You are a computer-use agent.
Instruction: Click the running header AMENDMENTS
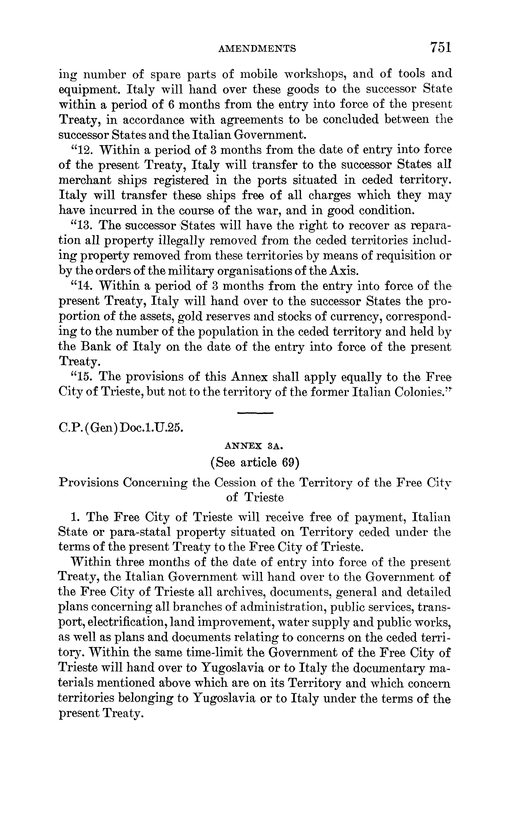tap(257, 49)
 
